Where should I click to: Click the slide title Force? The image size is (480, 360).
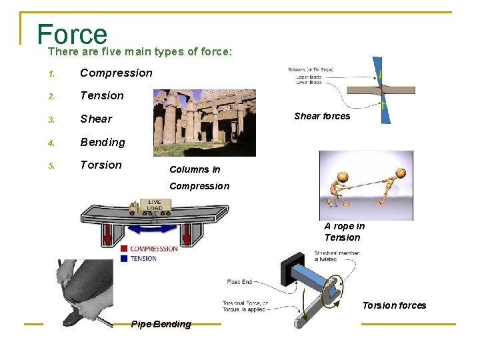(72, 33)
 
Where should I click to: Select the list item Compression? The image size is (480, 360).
(116, 73)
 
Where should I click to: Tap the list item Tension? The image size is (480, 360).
(102, 95)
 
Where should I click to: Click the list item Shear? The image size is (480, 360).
(96, 119)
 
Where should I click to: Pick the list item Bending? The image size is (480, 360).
(103, 142)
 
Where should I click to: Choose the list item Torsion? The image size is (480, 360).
(101, 165)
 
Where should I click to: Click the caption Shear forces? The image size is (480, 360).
(322, 116)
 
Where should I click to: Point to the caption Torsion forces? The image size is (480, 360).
(394, 305)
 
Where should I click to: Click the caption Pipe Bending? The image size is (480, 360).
(161, 324)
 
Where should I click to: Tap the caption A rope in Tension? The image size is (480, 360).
(344, 231)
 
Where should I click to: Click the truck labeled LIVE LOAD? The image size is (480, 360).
(153, 207)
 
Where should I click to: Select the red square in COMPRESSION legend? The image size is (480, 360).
(124, 249)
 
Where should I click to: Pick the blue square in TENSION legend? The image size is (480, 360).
(124, 258)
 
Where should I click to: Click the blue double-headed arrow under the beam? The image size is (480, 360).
(154, 229)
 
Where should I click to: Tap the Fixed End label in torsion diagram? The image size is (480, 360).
(239, 282)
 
